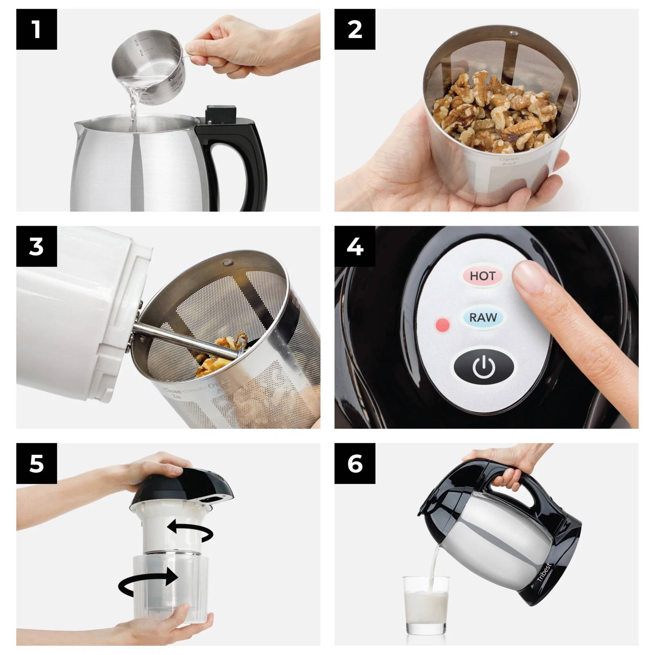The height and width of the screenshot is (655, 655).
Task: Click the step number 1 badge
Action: point(36,29)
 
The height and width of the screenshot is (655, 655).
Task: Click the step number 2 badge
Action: point(355,29)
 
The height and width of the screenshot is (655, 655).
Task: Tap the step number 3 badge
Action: point(36,246)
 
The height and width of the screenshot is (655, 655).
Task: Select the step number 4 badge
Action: point(355,246)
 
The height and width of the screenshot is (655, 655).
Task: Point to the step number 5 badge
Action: point(36,463)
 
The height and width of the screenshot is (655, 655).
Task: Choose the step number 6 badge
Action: point(355,463)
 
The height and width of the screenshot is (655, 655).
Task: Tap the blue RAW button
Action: point(483,317)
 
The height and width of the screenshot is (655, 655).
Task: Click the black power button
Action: point(484,366)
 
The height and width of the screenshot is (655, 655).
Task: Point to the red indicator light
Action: point(443,325)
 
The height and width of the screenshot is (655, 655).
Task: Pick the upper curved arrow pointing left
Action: point(190,530)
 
